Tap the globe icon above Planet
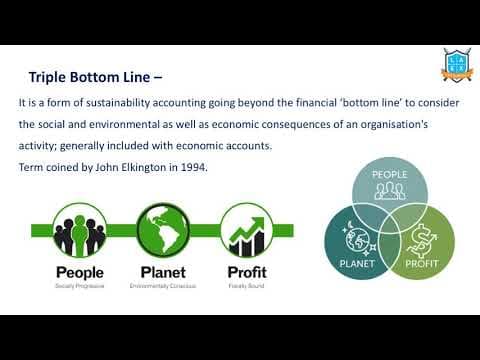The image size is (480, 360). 162,229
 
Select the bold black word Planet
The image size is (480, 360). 162,272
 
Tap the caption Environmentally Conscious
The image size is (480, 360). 162,286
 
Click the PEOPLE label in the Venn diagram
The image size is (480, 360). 389,174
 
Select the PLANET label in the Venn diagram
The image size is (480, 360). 357,265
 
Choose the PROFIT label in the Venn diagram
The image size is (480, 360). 422,265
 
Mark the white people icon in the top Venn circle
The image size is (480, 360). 389,191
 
